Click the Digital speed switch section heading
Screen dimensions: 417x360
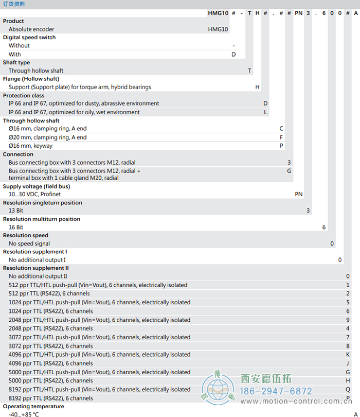29,38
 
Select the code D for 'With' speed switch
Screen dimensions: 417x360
233,54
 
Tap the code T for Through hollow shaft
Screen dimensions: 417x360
250,71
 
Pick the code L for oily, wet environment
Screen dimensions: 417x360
265,112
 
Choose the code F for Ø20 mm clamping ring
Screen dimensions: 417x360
281,137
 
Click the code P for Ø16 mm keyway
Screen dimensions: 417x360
281,146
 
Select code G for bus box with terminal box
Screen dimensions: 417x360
289,170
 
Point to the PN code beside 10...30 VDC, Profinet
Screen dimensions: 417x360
299,194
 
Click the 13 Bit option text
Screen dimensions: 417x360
16,211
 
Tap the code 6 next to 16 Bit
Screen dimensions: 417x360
324,227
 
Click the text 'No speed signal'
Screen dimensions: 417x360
29,244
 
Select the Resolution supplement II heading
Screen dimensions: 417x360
36,268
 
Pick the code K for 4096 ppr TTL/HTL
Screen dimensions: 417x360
348,355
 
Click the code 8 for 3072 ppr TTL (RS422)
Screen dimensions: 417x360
348,346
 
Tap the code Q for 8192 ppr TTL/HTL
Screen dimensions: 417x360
348,390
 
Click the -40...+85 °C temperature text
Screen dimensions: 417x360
24,414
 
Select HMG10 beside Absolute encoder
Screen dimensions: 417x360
218,29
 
